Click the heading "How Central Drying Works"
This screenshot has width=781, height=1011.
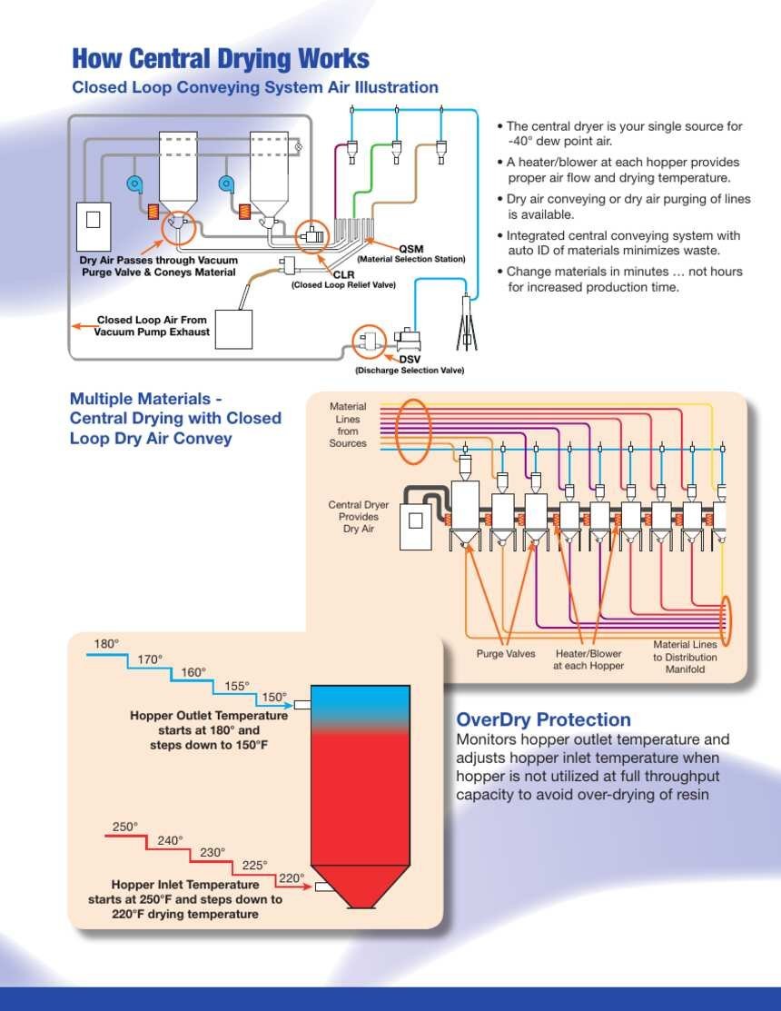[x=221, y=58]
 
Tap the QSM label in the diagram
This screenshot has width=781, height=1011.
[x=411, y=249]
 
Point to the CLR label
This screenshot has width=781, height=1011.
[x=343, y=274]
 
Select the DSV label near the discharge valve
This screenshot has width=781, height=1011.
[x=410, y=360]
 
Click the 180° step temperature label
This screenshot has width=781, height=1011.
[x=106, y=643]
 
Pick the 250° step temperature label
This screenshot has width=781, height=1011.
[x=125, y=827]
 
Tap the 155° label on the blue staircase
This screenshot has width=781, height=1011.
[x=237, y=686]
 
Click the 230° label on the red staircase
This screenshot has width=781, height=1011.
[x=213, y=852]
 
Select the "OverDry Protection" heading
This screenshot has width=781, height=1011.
[x=544, y=719]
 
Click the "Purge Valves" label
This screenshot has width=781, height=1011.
[x=506, y=653]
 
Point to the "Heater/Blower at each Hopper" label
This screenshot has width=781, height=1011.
[x=588, y=659]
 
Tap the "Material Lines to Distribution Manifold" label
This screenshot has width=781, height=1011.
[x=685, y=657]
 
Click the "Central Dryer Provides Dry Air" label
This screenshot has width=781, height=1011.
[x=359, y=517]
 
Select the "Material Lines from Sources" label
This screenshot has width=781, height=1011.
[x=348, y=425]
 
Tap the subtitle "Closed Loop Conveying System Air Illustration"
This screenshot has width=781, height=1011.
[x=255, y=87]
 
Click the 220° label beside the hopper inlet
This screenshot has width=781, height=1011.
[x=292, y=878]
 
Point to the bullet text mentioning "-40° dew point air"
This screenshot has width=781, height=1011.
[x=620, y=134]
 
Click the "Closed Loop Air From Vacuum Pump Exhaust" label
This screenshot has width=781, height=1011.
[x=152, y=325]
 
